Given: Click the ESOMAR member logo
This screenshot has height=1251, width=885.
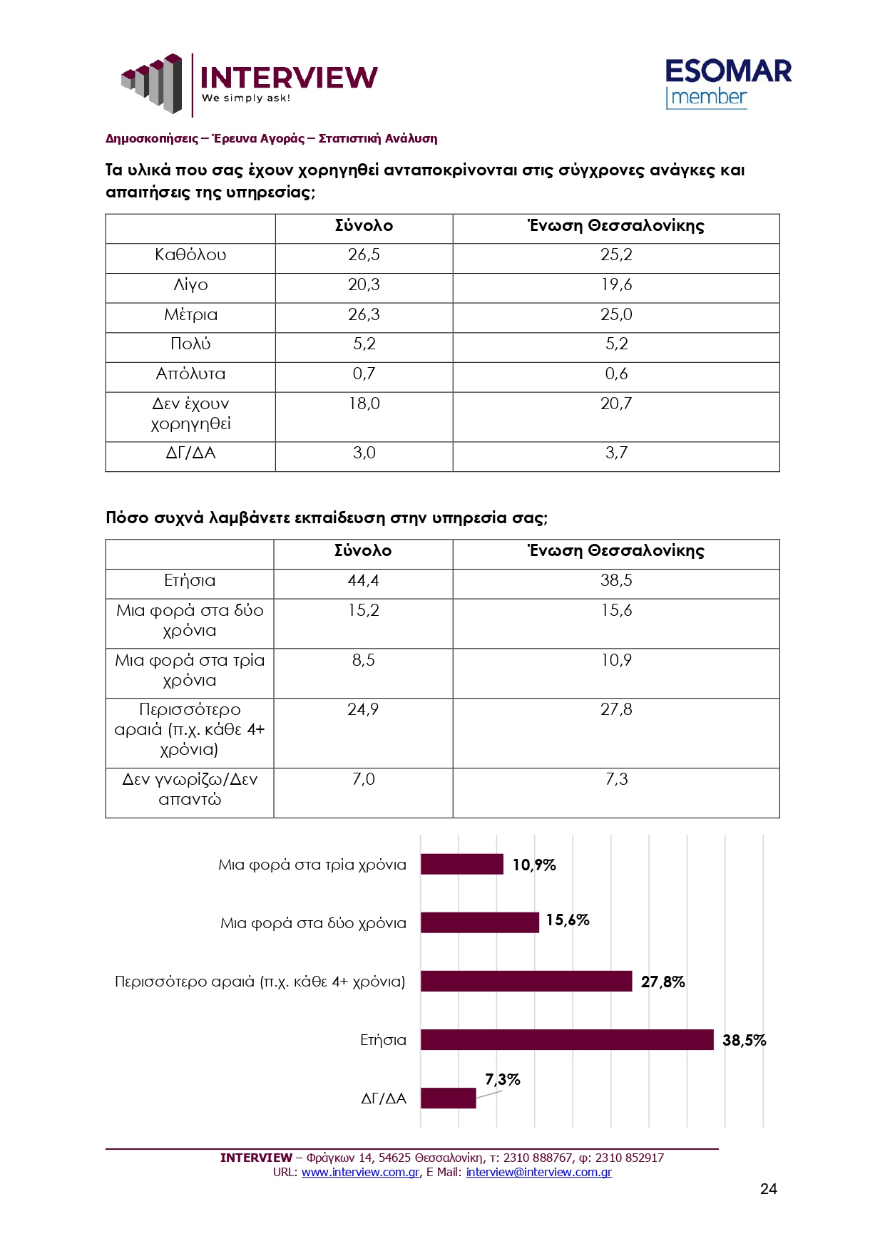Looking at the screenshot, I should tap(727, 84).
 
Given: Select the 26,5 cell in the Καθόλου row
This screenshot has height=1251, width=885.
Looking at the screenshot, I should tap(364, 255).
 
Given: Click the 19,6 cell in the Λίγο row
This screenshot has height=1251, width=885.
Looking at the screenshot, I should tap(616, 285).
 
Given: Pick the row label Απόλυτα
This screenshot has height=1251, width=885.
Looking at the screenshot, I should tap(190, 374).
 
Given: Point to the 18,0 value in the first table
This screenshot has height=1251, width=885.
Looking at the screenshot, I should tap(364, 404).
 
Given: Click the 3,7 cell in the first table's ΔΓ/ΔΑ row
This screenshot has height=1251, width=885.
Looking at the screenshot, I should tap(616, 453).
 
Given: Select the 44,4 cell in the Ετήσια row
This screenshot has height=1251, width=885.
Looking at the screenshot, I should tap(363, 581).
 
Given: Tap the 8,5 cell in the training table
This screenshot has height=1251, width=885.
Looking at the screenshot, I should tap(363, 661).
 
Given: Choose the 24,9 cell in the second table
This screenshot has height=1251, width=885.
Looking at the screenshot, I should tap(363, 710).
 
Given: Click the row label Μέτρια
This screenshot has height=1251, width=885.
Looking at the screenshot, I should tap(190, 315).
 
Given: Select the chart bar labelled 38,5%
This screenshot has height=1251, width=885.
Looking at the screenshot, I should tap(567, 1040).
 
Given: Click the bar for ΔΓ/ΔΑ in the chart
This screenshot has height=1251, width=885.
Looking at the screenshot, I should tap(448, 1098).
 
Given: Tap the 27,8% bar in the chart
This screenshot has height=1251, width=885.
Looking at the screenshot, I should tap(526, 982).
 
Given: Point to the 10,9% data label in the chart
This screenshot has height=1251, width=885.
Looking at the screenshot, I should tap(534, 865).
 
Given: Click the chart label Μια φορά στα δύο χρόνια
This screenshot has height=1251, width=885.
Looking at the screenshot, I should tap(313, 924).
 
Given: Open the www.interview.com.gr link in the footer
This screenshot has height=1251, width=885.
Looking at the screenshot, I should tap(360, 1173).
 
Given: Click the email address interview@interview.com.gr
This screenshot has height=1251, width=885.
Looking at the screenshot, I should tap(538, 1173).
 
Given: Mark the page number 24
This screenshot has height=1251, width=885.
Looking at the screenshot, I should tap(768, 1189).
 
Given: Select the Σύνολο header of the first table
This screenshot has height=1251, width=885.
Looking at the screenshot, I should tap(364, 226).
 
